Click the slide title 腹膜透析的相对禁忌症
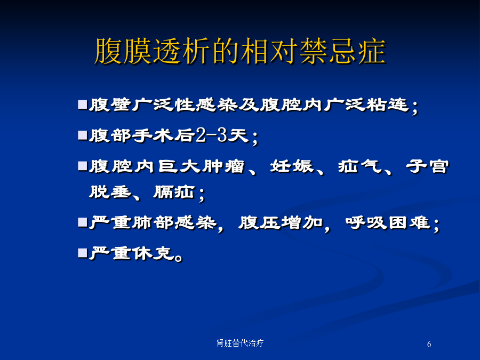tap(241, 51)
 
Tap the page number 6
tap(429, 344)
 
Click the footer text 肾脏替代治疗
tap(240, 343)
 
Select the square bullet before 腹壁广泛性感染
tap(82, 105)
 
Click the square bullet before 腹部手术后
tap(82, 135)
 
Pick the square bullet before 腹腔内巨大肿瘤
tap(82, 166)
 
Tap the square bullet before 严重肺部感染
tap(82, 222)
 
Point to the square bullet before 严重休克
tap(82, 253)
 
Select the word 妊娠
tap(292, 166)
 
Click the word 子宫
tap(427, 166)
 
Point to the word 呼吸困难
tap(388, 222)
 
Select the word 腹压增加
tap(281, 222)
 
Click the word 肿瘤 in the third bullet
tap(223, 166)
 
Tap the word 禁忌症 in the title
tap(343, 51)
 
